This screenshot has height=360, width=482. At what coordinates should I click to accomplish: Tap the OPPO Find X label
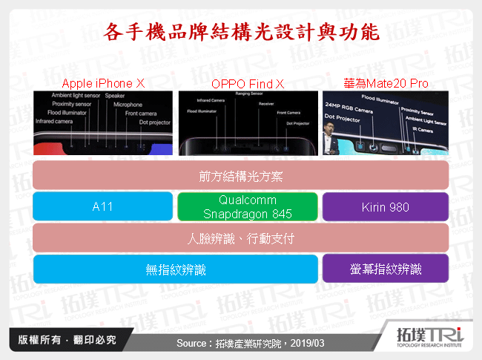[x=248, y=83]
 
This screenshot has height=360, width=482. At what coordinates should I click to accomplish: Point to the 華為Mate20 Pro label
[x=386, y=83]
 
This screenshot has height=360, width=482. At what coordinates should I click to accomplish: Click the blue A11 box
[x=102, y=206]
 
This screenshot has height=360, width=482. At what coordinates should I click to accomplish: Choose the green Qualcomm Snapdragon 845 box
[x=248, y=206]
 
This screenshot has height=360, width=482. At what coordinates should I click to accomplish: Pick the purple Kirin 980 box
[x=386, y=206]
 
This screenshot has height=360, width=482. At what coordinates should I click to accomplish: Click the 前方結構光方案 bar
[x=241, y=176]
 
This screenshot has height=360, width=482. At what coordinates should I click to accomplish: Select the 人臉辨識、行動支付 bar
[x=241, y=238]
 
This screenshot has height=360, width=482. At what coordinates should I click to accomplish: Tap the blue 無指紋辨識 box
[x=175, y=269]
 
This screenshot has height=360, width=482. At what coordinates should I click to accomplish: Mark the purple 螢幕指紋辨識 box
[x=386, y=269]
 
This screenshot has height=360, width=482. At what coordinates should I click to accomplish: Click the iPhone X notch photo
[x=102, y=122]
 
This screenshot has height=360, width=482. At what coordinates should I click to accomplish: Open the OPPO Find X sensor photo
[x=248, y=122]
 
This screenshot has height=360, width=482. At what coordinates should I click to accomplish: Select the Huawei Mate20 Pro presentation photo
[x=386, y=122]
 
